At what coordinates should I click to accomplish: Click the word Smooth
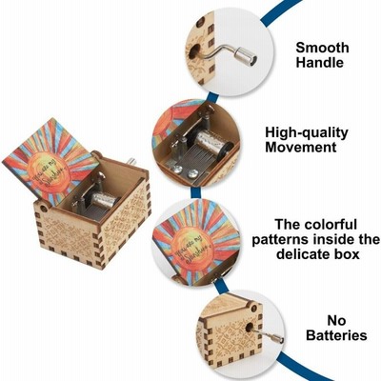[x=322, y=48]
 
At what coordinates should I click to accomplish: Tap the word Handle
[x=320, y=62]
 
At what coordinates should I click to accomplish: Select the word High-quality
[x=307, y=133]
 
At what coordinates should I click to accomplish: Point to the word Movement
[x=301, y=148]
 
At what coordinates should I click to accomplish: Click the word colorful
[x=331, y=224]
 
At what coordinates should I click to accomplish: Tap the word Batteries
[x=336, y=335]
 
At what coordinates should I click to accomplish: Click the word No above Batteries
[x=336, y=321]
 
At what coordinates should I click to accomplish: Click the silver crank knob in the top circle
[x=245, y=56]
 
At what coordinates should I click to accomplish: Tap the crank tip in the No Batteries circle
[x=277, y=339]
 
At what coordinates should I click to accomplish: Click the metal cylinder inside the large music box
[x=105, y=200]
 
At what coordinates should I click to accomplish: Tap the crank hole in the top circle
[x=194, y=50]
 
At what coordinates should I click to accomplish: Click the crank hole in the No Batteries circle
[x=250, y=328]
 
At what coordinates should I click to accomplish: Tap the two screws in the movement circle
[x=184, y=171]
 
